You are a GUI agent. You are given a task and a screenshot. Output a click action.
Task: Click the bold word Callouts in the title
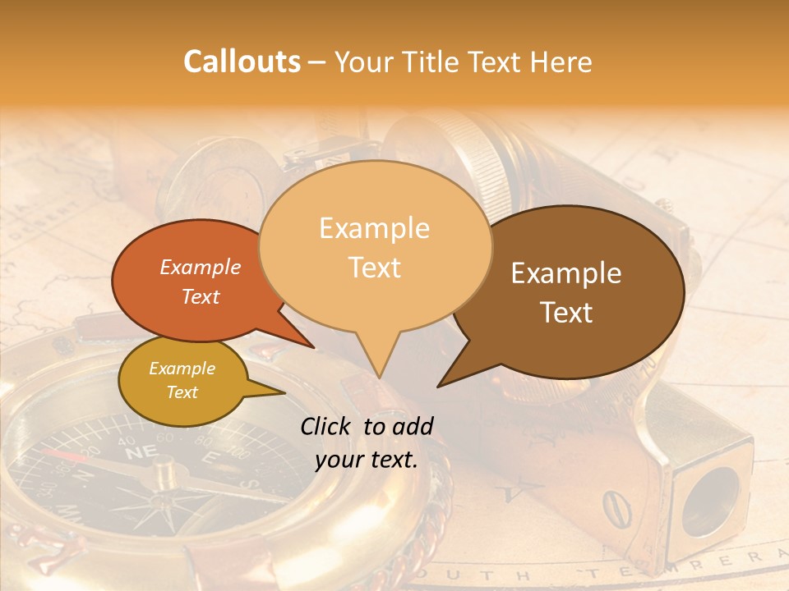[242, 62]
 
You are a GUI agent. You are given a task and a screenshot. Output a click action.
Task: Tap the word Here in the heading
[560, 62]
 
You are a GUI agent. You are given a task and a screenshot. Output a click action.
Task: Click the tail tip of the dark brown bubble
[438, 386]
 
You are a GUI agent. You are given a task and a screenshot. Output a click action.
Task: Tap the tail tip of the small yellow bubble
[284, 392]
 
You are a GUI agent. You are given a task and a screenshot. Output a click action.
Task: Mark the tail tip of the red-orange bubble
[314, 348]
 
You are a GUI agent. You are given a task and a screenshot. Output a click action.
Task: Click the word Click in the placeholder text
[328, 426]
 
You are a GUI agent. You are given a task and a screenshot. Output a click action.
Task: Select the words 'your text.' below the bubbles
[367, 460]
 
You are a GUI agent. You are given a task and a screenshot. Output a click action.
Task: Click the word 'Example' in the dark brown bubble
[566, 273]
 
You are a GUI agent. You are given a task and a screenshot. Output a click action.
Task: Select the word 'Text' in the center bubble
[375, 267]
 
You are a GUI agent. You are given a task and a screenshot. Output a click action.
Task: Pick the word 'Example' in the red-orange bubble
[201, 267]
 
